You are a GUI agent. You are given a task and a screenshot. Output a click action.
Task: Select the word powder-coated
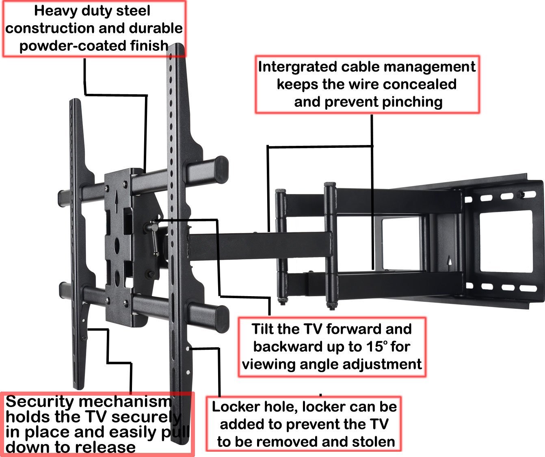tap(74, 45)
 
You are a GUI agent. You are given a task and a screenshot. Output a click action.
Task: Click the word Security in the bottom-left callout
tap(40, 401)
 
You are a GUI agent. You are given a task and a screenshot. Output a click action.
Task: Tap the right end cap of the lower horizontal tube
tap(222, 319)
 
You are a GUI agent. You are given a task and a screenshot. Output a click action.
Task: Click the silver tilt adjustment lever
tap(154, 238)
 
